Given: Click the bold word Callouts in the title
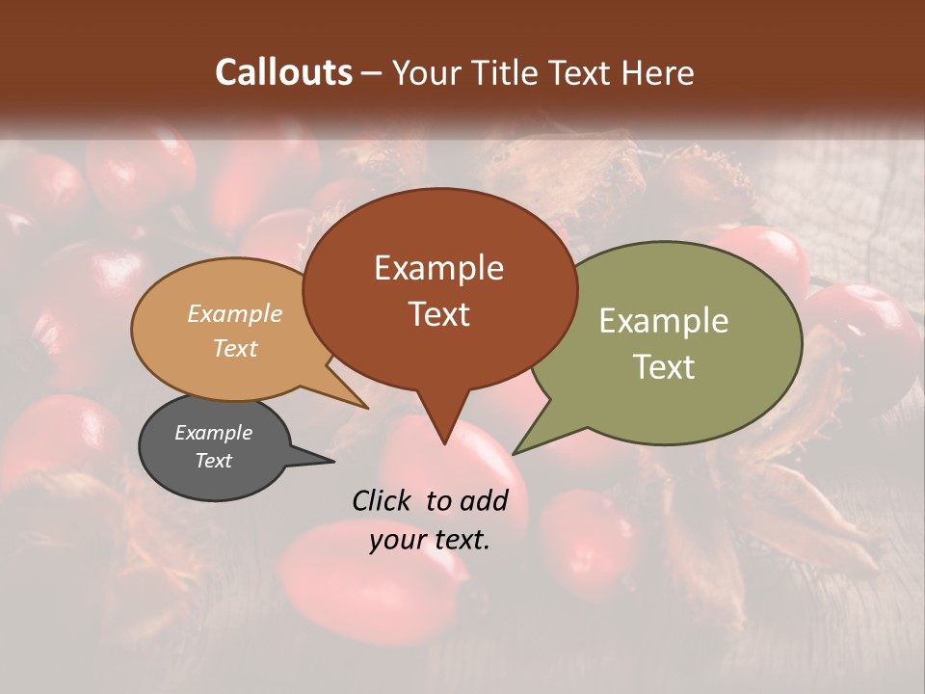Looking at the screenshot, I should click(283, 72).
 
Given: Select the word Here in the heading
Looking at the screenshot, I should click(656, 72).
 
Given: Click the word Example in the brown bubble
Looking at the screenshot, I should click(438, 268).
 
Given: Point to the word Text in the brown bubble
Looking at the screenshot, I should click(438, 313).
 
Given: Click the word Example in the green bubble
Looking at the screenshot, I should click(663, 321).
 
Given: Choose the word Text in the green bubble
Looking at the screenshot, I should click(663, 366).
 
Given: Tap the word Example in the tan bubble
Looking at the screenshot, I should click(235, 313).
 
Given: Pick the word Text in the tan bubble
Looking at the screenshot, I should click(235, 348).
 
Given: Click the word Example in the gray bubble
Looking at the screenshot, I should click(213, 433).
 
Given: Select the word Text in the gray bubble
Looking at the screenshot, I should click(213, 461).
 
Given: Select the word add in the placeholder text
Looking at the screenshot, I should click(483, 500).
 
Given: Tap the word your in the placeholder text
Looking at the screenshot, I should click(395, 540).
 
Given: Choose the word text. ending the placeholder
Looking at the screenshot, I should click(458, 540).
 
